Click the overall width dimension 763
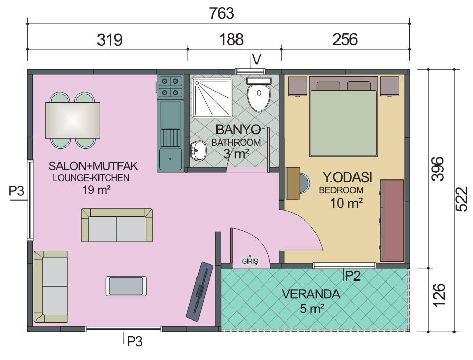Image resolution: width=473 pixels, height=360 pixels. [x=222, y=13]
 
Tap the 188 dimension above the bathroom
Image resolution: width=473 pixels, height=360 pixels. [x=231, y=39]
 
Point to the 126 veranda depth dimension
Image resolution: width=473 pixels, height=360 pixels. [x=439, y=295]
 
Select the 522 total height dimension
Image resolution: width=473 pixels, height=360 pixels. [x=461, y=199]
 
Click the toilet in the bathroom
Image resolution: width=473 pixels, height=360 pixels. [x=259, y=94]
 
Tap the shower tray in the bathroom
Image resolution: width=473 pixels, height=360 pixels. [x=212, y=97]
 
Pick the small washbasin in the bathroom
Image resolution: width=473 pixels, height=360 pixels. [x=198, y=150]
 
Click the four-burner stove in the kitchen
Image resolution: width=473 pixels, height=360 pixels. [x=170, y=86]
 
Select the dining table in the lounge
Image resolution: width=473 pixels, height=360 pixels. [x=72, y=121]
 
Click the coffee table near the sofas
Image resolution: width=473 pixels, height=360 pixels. [x=126, y=286]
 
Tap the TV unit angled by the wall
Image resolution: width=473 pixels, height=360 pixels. [x=200, y=291]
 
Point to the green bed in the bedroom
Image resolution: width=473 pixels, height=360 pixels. [x=344, y=123]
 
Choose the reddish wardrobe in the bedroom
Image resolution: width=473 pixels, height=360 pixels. [x=392, y=221]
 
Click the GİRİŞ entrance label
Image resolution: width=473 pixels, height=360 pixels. [x=250, y=261]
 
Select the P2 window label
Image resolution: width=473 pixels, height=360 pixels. [x=352, y=276]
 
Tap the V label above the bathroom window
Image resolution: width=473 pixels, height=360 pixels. [x=257, y=59]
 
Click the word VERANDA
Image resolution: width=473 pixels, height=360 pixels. [x=311, y=294]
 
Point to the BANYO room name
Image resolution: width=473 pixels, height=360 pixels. [x=239, y=130]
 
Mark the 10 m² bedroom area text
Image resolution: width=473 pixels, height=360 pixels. [x=346, y=203]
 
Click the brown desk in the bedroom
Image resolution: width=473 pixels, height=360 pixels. [x=293, y=183]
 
